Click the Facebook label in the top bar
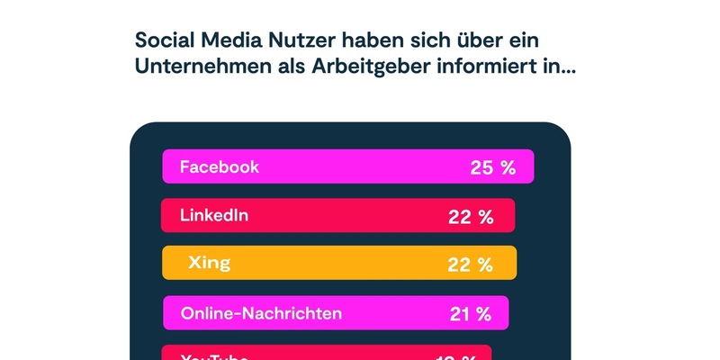220,166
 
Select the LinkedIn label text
214,215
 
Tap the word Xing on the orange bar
209,263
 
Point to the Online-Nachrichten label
261,313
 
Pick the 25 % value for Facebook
492,167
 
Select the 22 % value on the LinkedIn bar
471,216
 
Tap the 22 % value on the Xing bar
471,264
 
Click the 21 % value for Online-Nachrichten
470,313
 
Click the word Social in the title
164,40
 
